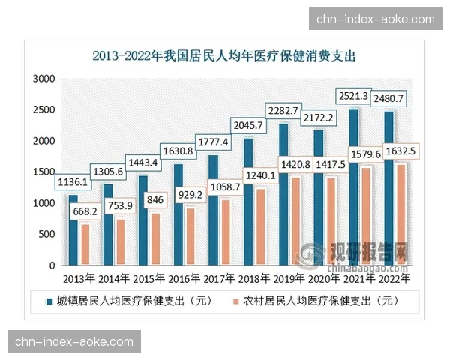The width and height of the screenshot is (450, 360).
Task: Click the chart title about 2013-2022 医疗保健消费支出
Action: [x=223, y=55]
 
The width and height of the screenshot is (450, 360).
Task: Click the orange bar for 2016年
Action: [x=190, y=237]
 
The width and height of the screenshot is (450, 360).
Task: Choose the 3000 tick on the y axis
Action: [x=45, y=79]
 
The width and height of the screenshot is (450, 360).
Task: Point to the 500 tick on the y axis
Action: [x=47, y=235]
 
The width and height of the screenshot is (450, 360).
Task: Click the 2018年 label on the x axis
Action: [x=255, y=279]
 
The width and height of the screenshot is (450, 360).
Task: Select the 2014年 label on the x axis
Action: [x=114, y=279]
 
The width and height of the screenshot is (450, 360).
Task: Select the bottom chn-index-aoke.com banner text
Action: [x=74, y=342]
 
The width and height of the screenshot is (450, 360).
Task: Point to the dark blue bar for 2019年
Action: [x=283, y=195]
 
